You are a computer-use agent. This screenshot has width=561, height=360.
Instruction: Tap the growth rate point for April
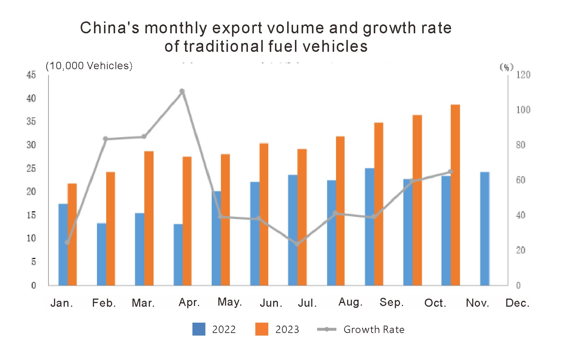[182, 91]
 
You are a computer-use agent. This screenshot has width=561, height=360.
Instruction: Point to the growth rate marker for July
[297, 244]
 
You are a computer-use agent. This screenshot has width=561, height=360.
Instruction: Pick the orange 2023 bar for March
[149, 218]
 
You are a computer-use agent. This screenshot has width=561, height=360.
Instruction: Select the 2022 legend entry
[214, 329]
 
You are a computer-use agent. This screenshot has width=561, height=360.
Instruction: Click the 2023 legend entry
[277, 329]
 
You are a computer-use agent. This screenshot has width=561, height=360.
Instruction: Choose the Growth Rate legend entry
[361, 329]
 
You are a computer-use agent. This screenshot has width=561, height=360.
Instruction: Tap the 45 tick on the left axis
[31, 75]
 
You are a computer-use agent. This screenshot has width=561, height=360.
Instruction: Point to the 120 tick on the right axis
[523, 75]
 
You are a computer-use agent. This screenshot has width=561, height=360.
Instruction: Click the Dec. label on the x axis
[517, 303]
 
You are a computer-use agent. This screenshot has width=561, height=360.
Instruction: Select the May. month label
[229, 302]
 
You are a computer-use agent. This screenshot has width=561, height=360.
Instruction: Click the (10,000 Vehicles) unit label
[89, 66]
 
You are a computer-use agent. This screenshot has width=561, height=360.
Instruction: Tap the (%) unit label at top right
[506, 67]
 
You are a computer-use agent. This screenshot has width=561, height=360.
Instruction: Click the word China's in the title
[110, 28]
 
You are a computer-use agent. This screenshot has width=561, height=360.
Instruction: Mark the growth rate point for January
[67, 242]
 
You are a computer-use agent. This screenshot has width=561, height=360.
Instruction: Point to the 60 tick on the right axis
[520, 180]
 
